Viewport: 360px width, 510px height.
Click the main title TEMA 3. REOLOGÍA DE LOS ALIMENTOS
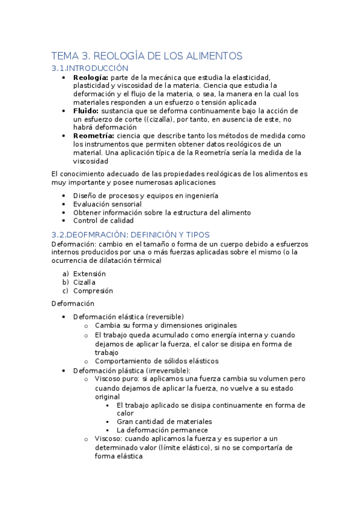[x=147, y=56]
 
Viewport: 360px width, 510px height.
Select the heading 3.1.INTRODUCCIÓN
[x=90, y=68]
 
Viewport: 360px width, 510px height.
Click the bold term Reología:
[x=91, y=78]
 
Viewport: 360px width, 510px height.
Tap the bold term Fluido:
[x=87, y=111]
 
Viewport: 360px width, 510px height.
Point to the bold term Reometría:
[x=94, y=137]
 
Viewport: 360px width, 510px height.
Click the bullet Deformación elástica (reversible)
[x=128, y=317]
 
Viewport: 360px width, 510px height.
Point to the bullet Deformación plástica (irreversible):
[x=132, y=370]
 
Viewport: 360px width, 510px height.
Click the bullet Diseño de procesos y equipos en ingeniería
[x=145, y=195]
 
